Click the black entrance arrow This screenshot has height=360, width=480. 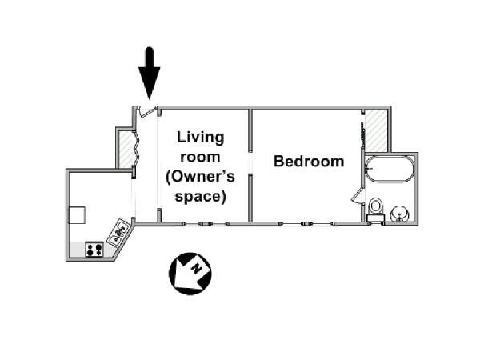149,74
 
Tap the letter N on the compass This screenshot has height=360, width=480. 197,269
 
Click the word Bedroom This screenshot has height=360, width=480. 309,162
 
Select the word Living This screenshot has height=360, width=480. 201,138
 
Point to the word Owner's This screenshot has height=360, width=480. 201,177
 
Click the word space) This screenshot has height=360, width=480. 200,196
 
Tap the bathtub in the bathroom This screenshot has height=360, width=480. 389,170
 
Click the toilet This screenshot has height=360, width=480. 376,210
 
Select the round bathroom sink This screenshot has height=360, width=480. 399,213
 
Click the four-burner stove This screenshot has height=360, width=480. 94,249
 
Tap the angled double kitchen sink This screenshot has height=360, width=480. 118,232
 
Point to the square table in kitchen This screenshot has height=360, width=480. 77,215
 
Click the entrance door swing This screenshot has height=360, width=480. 145,112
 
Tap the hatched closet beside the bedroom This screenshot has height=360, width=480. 376,130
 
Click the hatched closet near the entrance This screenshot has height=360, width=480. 126,149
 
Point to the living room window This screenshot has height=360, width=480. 205,224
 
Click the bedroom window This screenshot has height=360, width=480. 307,224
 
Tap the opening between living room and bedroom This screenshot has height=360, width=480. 250,163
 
